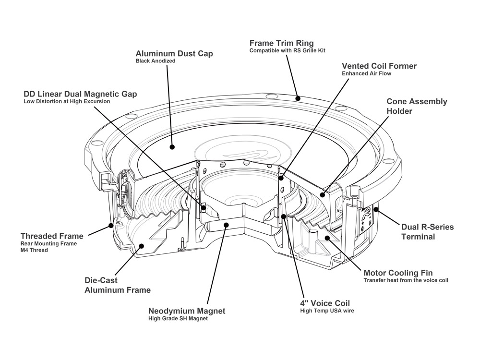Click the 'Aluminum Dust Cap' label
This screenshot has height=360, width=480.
tap(174, 54)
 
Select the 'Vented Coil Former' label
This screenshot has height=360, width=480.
tap(379, 66)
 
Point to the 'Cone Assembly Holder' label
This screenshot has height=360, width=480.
tap(417, 106)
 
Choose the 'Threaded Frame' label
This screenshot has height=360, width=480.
tap(52, 236)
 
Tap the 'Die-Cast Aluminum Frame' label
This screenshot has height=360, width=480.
tap(118, 285)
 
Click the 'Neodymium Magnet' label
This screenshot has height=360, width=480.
tap(187, 311)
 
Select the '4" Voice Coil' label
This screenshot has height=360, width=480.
tap(324, 303)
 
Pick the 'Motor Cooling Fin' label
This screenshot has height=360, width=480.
tap(398, 273)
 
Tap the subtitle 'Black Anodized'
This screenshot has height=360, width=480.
tap(155, 61)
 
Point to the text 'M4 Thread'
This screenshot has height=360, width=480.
tap(34, 250)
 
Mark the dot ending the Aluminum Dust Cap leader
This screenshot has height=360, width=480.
tap(172, 147)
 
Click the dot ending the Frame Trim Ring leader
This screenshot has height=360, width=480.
tap(298, 98)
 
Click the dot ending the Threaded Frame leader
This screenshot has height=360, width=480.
tap(111, 224)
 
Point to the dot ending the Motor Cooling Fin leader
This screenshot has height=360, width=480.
tap(326, 238)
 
